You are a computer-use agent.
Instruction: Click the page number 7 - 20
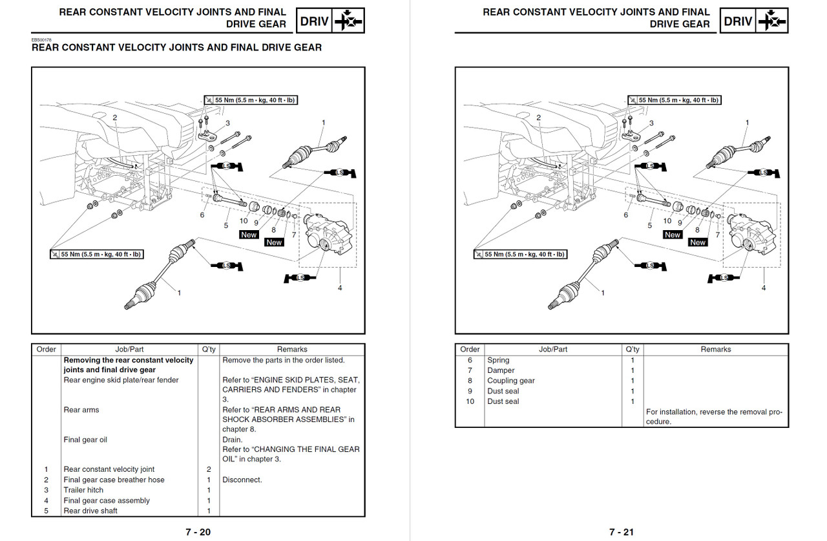tap(198, 532)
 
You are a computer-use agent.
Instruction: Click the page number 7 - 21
tap(621, 532)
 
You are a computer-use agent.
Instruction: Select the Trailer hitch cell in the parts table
tap(84, 490)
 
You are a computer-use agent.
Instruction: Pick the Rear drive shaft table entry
tap(90, 511)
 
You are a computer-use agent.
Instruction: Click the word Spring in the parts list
tap(498, 360)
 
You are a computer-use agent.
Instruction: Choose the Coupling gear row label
tap(511, 381)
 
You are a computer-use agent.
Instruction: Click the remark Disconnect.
tap(242, 480)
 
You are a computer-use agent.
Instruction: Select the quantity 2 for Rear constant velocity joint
tap(209, 469)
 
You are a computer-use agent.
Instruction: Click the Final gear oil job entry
tap(85, 440)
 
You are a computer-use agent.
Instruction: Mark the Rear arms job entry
tap(81, 410)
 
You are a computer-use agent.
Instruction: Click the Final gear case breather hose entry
tap(114, 480)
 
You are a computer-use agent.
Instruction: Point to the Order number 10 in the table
tap(470, 401)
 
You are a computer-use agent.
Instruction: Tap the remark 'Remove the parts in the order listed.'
tap(283, 360)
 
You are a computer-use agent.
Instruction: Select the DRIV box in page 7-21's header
tap(738, 21)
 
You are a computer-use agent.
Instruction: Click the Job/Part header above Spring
tap(553, 349)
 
